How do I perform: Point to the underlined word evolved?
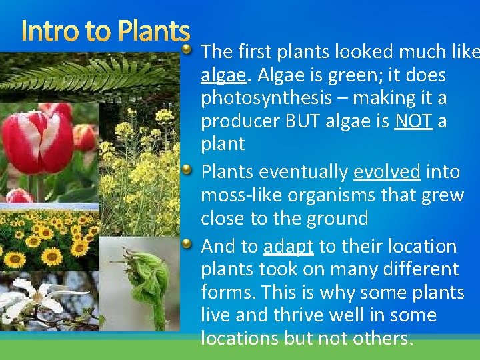point(387,172)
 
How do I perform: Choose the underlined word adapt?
point(288,247)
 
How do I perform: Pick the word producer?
point(235,121)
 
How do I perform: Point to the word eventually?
point(303,172)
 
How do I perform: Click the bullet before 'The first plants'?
point(189,49)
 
